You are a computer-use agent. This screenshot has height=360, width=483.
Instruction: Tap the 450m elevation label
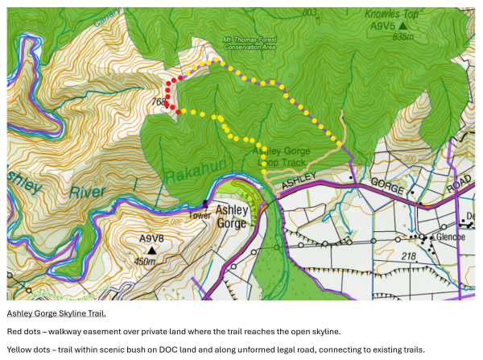click(x=145, y=261)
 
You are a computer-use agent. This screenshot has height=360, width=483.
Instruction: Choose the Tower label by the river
click(x=200, y=215)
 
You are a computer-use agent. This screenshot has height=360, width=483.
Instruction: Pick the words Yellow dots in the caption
click(x=27, y=349)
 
